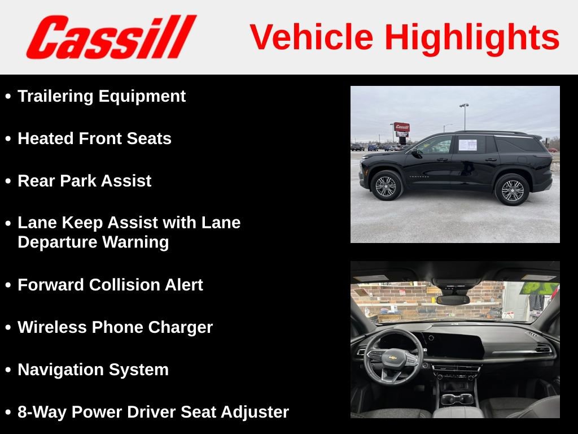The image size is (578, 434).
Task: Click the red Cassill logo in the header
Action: (111, 37)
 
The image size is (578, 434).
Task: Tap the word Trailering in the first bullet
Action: (56, 96)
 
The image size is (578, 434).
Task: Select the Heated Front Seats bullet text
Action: (94, 138)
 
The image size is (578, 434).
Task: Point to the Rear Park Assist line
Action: (84, 181)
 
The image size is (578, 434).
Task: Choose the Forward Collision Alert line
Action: (110, 285)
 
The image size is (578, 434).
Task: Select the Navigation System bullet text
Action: (93, 370)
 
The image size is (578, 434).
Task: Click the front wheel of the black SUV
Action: (386, 186)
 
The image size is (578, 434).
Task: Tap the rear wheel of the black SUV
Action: (512, 190)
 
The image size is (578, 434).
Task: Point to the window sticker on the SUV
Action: (467, 145)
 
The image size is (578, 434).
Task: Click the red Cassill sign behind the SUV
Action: (402, 127)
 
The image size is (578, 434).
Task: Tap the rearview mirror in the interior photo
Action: (453, 300)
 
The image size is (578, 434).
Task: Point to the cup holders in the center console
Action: (457, 399)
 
